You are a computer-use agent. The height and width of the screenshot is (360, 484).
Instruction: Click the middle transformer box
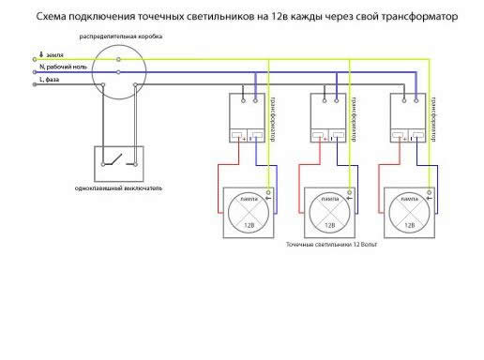coord(328,119)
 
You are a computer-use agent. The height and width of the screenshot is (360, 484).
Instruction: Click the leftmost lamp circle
coord(249,213)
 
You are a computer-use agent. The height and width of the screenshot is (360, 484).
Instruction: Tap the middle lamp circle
coord(328,213)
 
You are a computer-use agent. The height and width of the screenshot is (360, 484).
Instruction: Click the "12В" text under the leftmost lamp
coord(249,228)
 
